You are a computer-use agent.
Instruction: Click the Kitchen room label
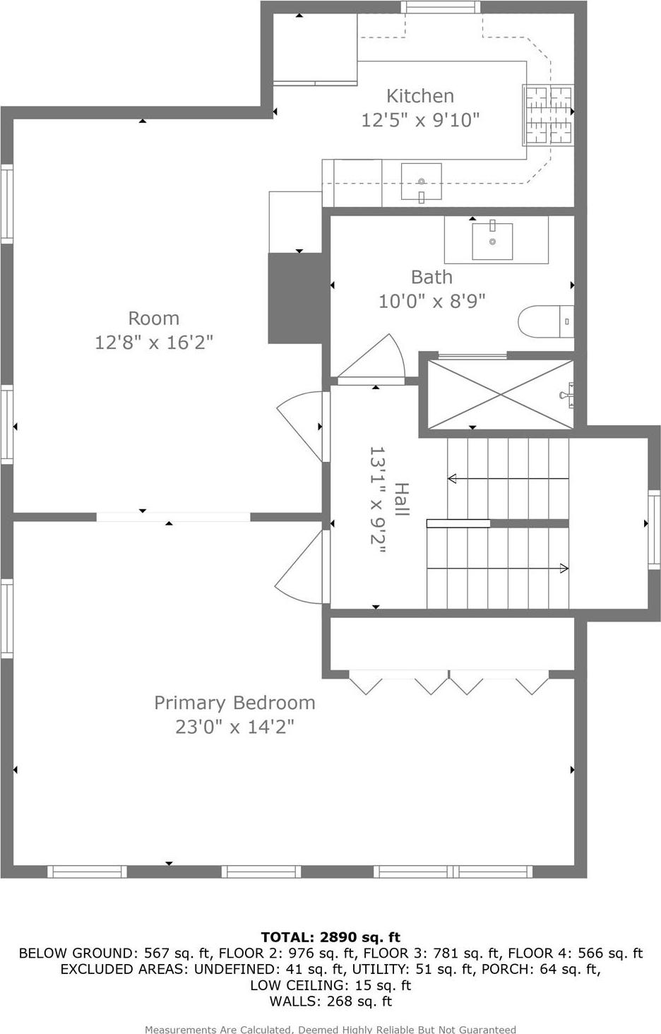pyautogui.click(x=419, y=96)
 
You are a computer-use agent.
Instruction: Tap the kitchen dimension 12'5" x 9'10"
pyautogui.click(x=420, y=120)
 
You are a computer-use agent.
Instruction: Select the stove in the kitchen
pyautogui.click(x=547, y=114)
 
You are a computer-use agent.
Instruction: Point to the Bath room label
pyautogui.click(x=431, y=277)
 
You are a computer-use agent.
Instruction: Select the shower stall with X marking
pyautogui.click(x=501, y=394)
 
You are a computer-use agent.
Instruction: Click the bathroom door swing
pyautogui.click(x=374, y=360)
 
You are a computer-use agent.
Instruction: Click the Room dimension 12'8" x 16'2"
pyautogui.click(x=154, y=343)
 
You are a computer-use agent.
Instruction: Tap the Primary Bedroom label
pyautogui.click(x=234, y=703)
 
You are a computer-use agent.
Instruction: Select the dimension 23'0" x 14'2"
pyautogui.click(x=234, y=727)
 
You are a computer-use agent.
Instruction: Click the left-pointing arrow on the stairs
pyautogui.click(x=453, y=479)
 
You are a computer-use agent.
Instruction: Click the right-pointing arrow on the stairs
pyautogui.click(x=564, y=568)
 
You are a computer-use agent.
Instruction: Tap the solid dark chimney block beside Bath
pyautogui.click(x=294, y=298)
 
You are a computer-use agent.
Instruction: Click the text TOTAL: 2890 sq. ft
pyautogui.click(x=330, y=937)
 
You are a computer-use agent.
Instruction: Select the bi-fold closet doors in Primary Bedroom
pyautogui.click(x=448, y=683)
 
